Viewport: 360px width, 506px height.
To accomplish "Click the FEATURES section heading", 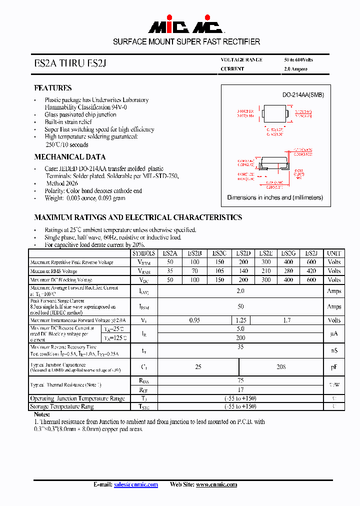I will [x=52, y=88].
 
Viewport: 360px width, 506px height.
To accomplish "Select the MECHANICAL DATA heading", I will [x=69, y=157].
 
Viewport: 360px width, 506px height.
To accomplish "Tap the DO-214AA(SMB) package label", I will [x=296, y=94].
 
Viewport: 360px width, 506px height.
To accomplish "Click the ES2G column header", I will [x=288, y=253].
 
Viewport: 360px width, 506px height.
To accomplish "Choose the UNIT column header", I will [x=333, y=253].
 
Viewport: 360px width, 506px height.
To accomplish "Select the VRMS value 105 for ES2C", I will [x=219, y=271].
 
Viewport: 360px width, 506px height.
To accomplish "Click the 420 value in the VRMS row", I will [x=311, y=271].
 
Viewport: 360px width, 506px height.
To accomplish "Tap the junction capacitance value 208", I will [x=281, y=366].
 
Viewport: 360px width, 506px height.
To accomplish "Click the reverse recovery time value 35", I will [x=240, y=346].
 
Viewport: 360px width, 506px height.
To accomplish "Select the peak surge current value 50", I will [x=240, y=306].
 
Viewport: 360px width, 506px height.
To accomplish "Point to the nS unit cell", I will [x=333, y=350].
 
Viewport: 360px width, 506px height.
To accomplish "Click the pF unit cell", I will [x=333, y=367].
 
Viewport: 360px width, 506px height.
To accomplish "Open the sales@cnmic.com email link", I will [x=135, y=484].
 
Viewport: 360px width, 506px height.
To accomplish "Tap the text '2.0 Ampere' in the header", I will [x=295, y=69].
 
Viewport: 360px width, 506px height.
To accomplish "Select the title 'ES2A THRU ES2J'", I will [x=70, y=64].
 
